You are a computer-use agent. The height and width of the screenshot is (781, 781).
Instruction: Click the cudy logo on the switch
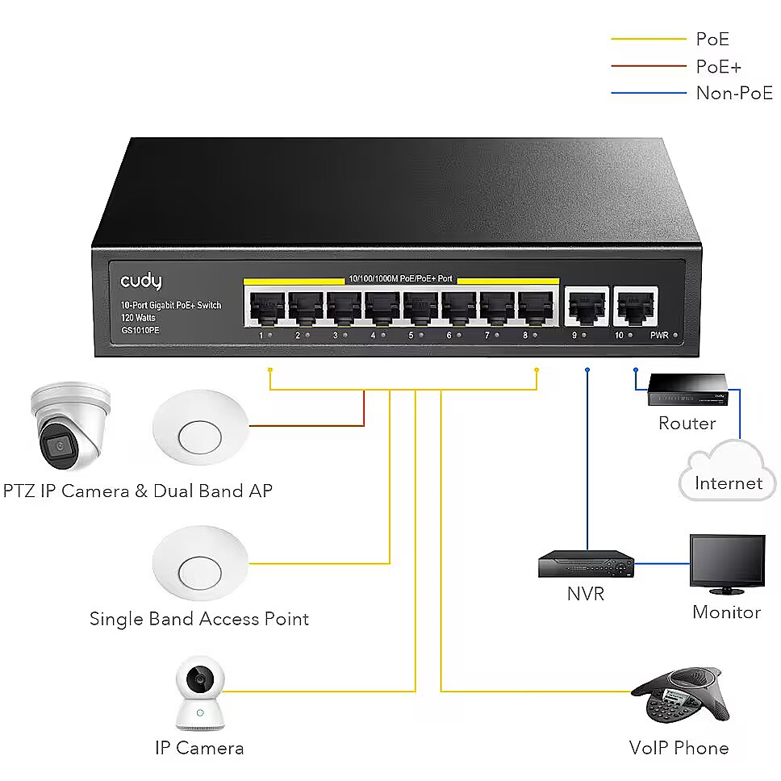tap(141, 281)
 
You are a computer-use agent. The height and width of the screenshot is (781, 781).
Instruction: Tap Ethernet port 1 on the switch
tap(267, 307)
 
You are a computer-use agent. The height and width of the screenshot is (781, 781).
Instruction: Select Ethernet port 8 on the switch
tap(536, 307)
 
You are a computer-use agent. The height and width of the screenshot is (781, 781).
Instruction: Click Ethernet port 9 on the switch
tap(587, 307)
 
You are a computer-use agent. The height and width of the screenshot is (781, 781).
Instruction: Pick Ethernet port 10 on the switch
tap(636, 307)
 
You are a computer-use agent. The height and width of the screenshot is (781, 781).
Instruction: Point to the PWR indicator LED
tap(675, 335)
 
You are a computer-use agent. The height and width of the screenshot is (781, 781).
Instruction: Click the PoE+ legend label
tap(719, 66)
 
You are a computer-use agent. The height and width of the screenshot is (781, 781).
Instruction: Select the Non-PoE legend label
tap(734, 93)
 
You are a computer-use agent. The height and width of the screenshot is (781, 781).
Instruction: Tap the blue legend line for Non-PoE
tap(649, 93)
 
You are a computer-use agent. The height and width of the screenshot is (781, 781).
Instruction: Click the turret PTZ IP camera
tap(69, 426)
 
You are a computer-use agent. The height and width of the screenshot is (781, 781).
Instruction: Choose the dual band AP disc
tap(200, 428)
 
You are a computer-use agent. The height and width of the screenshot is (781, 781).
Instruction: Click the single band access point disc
tap(200, 563)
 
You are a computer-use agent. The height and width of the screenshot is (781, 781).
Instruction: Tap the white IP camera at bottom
tap(200, 693)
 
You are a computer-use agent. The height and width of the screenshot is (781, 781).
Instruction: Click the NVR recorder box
tap(587, 564)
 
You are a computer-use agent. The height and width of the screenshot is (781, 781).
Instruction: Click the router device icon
tap(687, 390)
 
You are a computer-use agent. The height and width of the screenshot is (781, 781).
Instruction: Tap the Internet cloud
tap(728, 471)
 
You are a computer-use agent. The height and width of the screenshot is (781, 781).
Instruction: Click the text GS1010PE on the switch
tap(140, 330)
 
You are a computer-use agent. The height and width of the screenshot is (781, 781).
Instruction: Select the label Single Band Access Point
tap(199, 619)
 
